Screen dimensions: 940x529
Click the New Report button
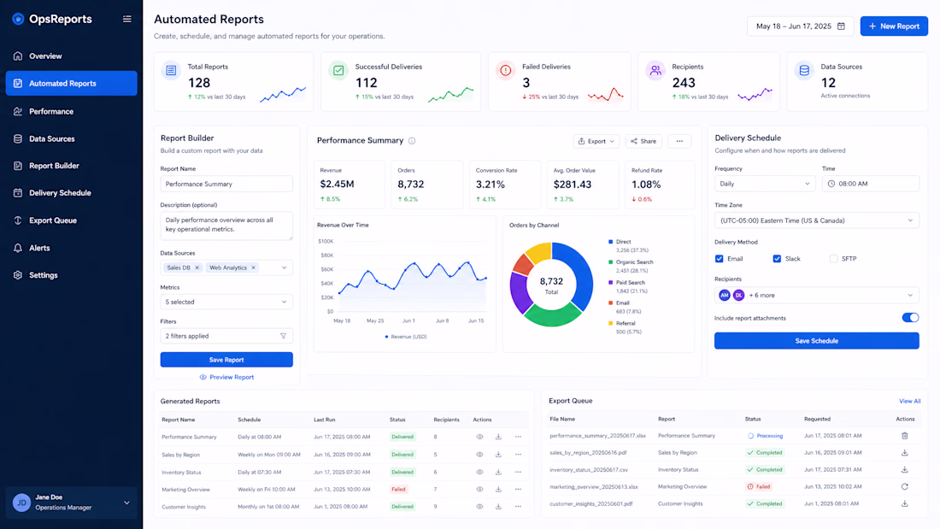coord(894,26)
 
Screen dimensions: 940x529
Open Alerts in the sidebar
coord(39,248)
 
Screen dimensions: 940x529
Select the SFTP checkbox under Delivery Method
coord(833,258)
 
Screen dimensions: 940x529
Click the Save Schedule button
coord(816,341)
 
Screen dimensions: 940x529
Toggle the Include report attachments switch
coord(910,318)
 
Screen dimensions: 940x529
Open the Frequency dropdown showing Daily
coord(764,184)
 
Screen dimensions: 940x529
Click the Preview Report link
coord(226,377)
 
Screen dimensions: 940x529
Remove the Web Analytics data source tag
coord(253,267)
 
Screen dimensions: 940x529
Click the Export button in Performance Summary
coord(596,141)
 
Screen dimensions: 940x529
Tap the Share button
coord(643,141)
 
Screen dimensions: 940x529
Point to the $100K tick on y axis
coord(326,241)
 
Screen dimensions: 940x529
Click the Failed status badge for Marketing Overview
coord(399,490)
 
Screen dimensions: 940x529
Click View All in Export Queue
coord(909,402)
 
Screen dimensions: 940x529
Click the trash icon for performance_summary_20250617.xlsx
coord(905,436)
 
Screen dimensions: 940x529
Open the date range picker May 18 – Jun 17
coord(801,26)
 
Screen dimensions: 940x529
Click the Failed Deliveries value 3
coord(526,83)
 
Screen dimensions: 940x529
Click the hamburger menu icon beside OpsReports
coord(127,19)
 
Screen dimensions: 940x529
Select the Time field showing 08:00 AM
coord(871,184)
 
